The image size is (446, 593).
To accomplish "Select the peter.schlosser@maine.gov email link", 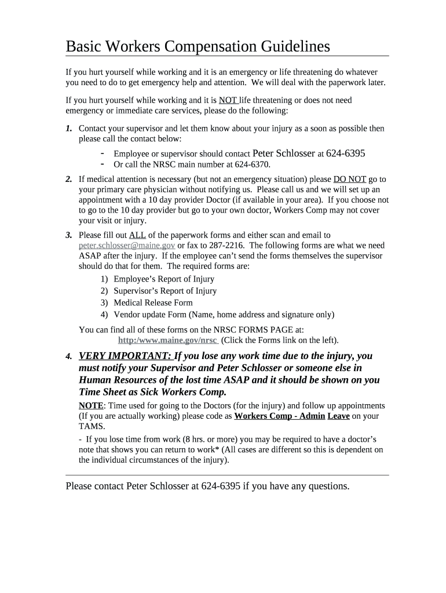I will pyautogui.click(x=127, y=246).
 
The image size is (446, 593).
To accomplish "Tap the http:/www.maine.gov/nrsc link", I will pyautogui.click(x=167, y=340).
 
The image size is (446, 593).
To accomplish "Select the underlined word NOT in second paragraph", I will pyautogui.click(x=228, y=100).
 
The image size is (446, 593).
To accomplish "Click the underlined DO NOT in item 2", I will pyautogui.click(x=350, y=179).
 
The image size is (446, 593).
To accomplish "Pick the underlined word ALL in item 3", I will pyautogui.click(x=137, y=235).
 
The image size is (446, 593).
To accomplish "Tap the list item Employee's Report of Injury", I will pyautogui.click(x=164, y=279).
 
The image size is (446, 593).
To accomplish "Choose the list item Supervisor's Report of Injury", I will pyautogui.click(x=165, y=291).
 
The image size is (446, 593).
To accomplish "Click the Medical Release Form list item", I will pyautogui.click(x=153, y=302).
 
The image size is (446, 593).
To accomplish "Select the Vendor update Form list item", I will pyautogui.click(x=224, y=314).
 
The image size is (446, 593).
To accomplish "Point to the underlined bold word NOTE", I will pyautogui.click(x=91, y=405).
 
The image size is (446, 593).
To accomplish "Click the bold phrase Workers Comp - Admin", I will pyautogui.click(x=279, y=416).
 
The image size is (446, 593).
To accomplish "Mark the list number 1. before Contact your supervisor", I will pyautogui.click(x=69, y=129).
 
